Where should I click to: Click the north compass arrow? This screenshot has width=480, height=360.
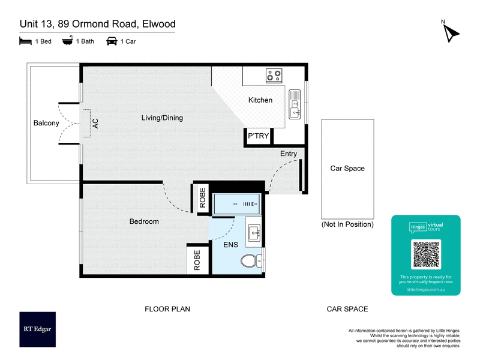[451, 33]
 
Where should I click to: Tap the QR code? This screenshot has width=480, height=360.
[426, 254]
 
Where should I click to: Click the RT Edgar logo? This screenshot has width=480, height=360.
[37, 329]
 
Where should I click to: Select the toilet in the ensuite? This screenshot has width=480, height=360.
[250, 261]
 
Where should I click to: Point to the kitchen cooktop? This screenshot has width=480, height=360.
[275, 76]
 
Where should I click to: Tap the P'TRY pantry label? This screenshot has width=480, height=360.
[259, 136]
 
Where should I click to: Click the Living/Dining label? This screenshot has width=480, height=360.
[162, 118]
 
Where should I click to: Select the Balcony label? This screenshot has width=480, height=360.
[46, 124]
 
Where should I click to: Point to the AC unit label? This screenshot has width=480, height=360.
[95, 123]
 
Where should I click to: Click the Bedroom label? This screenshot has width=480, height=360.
[144, 221]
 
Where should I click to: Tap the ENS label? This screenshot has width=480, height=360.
[231, 245]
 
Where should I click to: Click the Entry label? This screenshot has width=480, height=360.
[289, 154]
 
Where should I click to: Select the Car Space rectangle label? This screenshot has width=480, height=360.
[347, 169]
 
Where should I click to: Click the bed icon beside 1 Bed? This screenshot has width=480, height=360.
[25, 41]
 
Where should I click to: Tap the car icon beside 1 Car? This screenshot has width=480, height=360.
[112, 41]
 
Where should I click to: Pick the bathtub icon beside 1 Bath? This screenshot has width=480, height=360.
[67, 41]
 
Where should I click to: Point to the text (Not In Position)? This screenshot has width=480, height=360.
[347, 224]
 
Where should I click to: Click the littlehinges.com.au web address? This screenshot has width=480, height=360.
[426, 289]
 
